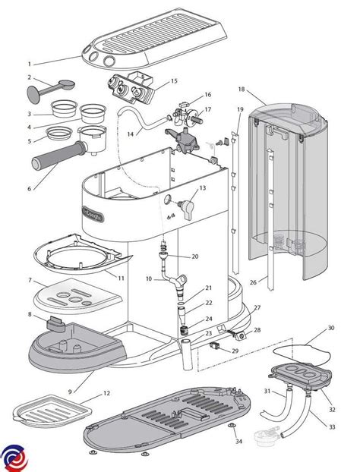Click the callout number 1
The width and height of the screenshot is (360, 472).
coord(30,65)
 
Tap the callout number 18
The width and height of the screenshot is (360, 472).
coord(242,89)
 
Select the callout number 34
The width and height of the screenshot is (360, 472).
coord(238,441)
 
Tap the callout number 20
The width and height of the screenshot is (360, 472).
coord(194,256)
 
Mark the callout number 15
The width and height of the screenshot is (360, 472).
coord(174,80)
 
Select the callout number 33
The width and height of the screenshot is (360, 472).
coord(332,426)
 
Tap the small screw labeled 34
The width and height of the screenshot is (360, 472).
coord(229,429)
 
